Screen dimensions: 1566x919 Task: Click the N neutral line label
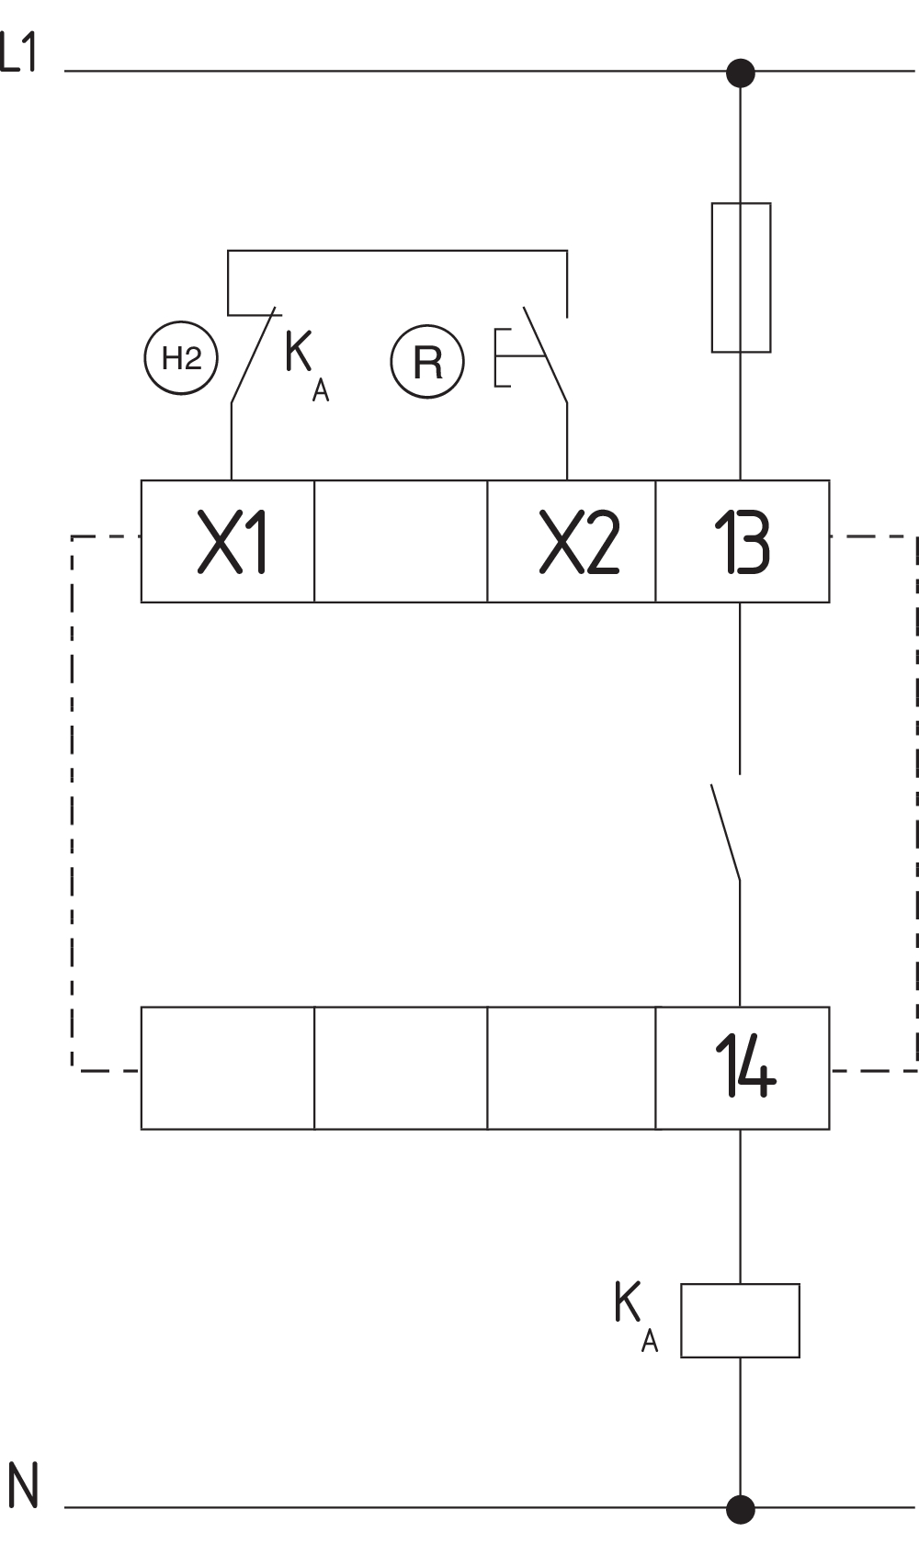(23, 1486)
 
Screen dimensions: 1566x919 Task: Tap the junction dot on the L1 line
(741, 73)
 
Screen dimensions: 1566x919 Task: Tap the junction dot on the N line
(741, 1509)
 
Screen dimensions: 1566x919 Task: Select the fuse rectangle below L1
(741, 277)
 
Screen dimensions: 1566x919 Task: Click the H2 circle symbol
(181, 358)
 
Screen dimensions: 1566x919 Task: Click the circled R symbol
(427, 362)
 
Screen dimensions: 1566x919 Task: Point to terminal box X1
(228, 542)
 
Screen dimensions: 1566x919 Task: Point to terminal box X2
(572, 542)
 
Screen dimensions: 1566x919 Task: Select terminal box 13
(743, 542)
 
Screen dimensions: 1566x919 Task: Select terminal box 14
(743, 1068)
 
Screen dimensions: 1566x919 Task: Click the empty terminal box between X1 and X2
(401, 542)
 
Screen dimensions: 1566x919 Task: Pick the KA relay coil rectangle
(740, 1321)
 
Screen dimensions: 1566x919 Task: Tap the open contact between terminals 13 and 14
(726, 831)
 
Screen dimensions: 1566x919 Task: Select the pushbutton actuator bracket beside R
(502, 357)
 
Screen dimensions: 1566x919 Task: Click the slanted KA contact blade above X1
(255, 355)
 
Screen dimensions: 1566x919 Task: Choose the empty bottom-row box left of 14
(572, 1068)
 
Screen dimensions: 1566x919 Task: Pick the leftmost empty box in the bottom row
(228, 1068)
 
